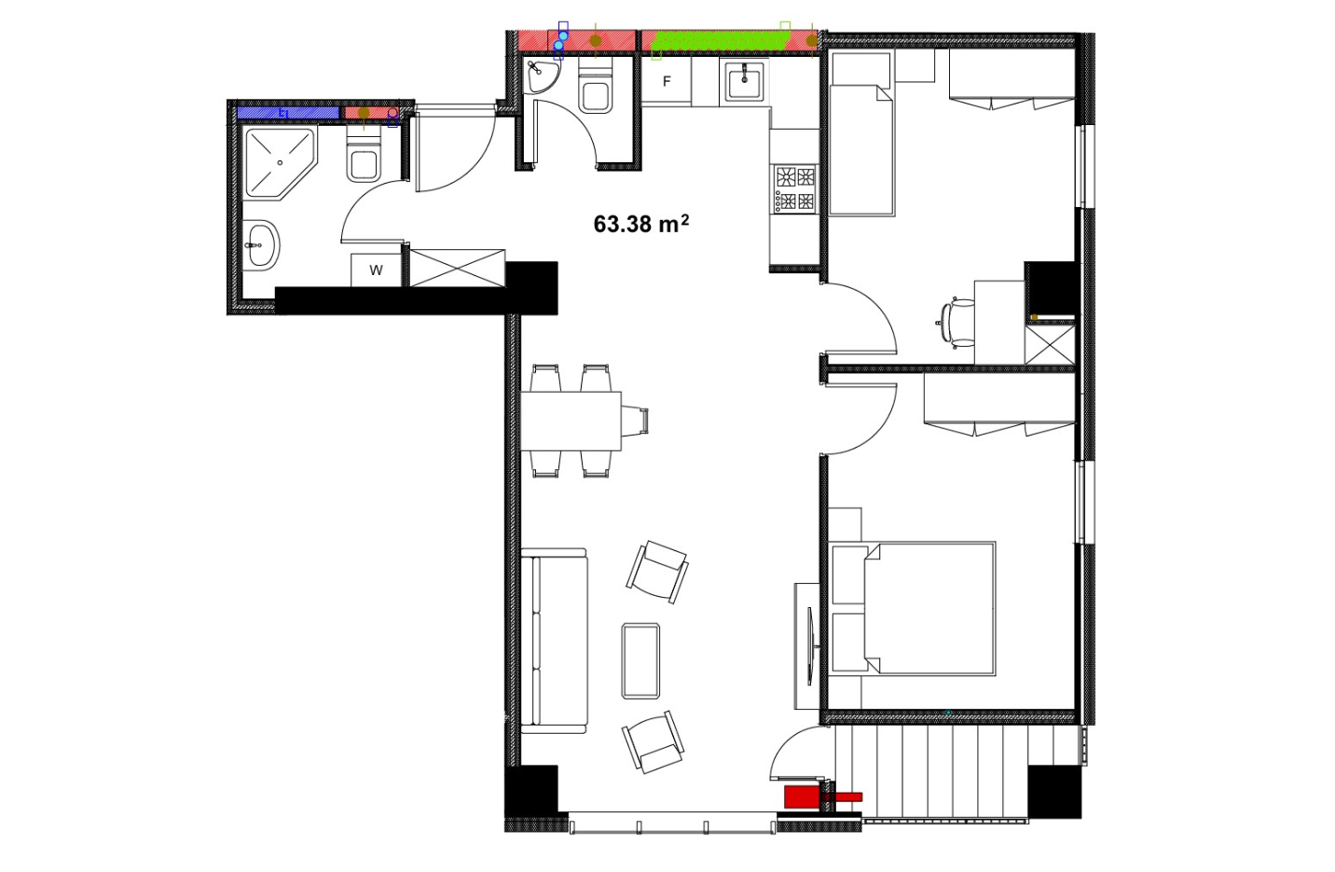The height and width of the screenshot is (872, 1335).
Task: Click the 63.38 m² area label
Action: pos(640,224)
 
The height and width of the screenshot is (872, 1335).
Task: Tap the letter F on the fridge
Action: pos(667,82)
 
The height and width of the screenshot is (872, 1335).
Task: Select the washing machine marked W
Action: pos(376,270)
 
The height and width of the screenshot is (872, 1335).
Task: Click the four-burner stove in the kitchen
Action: pos(795,189)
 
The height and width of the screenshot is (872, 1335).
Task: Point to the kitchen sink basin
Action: pos(744,83)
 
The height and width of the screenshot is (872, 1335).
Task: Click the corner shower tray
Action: pos(280,163)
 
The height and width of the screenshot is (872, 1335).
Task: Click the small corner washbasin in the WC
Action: pos(541,76)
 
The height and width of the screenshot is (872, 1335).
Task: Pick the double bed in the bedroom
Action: pos(912,609)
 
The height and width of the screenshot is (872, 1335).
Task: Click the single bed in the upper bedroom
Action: pos(861,149)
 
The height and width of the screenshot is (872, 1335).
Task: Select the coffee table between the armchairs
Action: pos(640,660)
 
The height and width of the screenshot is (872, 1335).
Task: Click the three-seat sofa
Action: pos(555,641)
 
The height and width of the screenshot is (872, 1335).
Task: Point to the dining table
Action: pos(571,421)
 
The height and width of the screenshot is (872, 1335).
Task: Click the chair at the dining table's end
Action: pos(635,421)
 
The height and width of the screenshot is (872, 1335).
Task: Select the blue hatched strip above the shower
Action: pos(288,113)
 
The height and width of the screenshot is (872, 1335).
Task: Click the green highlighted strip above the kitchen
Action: pos(723,41)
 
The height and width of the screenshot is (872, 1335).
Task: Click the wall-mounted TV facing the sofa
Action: pos(810,645)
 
